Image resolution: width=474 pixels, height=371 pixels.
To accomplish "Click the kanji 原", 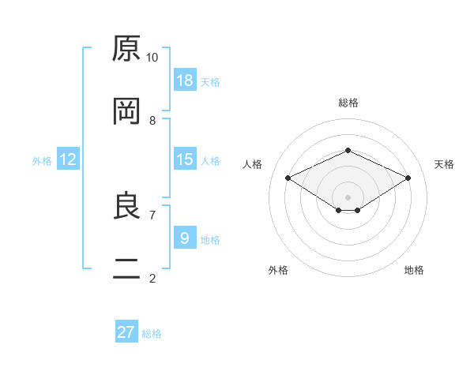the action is pos(126,48).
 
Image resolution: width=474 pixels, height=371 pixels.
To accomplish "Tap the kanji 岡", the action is pos(126,111).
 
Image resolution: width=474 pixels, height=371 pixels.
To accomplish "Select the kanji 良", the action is pos(126,205).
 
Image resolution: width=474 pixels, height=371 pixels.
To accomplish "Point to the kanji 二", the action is pos(126,268).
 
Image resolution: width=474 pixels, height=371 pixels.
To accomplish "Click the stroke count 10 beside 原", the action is pos(152,58).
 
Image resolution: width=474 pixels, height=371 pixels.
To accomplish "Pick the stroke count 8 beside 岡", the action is pos(152,121).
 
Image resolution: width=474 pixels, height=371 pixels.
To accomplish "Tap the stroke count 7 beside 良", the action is pos(152,215).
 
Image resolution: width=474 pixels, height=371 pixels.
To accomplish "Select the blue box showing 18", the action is pos(185,80).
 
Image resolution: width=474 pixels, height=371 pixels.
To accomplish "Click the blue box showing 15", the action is pos(185,159).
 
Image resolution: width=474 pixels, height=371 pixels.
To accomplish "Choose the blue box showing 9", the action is pos(185,237).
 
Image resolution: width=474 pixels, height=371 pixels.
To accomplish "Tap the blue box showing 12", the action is pos(68,159).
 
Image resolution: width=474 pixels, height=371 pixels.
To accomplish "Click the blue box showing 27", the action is pos(126,331).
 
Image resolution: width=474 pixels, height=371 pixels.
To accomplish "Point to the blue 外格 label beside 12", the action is pos(42,161).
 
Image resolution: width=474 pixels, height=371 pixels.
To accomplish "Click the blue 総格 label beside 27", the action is pos(152,334).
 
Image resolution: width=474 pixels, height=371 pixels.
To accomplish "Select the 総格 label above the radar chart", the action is pos(348,103).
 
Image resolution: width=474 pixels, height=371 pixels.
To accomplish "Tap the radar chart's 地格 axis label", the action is pos(414,270).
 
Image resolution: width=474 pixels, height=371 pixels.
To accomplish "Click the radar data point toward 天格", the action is pos(408,178).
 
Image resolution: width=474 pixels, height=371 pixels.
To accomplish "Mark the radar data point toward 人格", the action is pos(288,178).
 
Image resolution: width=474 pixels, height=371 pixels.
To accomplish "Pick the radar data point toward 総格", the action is pos(348,150).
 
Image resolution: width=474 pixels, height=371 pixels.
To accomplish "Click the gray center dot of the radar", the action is pos(348,197).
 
